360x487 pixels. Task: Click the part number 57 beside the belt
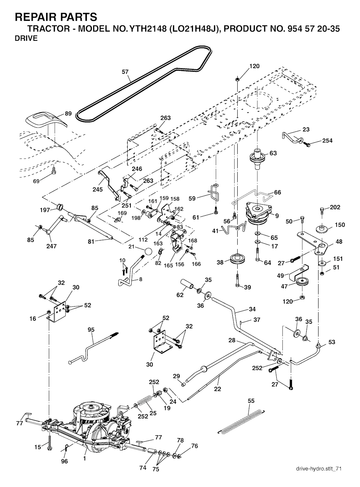tap(125, 72)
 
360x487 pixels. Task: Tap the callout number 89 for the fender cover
tap(68, 114)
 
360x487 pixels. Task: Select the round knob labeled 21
tap(148, 252)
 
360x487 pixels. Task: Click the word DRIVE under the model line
tap(26, 39)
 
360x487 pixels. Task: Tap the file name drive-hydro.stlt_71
tap(319, 469)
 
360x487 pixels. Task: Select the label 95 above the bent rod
tap(91, 330)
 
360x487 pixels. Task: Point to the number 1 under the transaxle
tap(84, 459)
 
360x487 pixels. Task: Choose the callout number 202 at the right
tap(335, 207)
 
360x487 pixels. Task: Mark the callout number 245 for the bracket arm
tap(98, 190)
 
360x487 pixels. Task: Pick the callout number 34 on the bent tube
tap(252, 309)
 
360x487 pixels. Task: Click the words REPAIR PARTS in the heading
tap(56, 17)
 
